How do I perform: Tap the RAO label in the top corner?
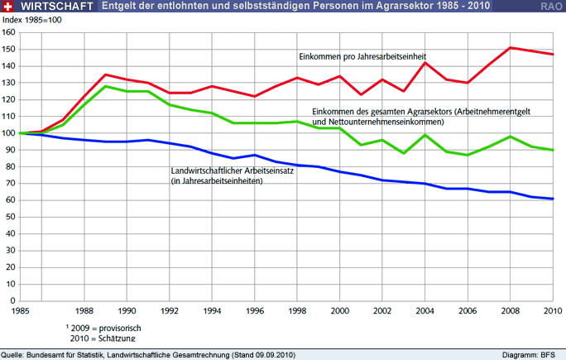(552, 7)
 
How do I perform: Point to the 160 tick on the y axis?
(9, 32)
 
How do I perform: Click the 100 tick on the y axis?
(9, 133)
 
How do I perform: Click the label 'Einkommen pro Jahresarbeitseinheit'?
(367, 56)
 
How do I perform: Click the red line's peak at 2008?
(510, 47)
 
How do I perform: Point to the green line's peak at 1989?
(106, 86)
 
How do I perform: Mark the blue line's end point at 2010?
(552, 199)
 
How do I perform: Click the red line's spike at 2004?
(424, 63)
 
